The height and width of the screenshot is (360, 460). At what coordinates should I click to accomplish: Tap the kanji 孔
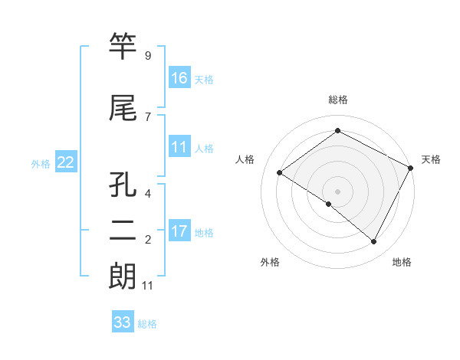point(123,185)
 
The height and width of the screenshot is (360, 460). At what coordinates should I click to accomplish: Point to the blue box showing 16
point(179,79)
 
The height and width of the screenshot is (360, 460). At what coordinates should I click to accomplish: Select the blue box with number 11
point(179,148)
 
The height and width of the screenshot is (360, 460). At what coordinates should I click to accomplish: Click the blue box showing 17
point(179,232)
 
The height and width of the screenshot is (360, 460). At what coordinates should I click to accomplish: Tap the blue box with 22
point(66,162)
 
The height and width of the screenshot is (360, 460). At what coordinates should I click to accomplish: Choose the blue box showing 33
point(123,322)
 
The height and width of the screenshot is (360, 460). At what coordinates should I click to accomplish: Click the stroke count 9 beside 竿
point(147,56)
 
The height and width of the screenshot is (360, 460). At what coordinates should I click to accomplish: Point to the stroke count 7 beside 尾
point(147,117)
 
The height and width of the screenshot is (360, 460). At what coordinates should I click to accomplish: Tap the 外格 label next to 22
point(41,163)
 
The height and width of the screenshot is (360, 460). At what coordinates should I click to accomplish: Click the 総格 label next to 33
point(147,324)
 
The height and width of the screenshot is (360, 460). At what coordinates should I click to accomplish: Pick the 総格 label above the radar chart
point(337,100)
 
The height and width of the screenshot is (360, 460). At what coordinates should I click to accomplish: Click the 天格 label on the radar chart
point(431,159)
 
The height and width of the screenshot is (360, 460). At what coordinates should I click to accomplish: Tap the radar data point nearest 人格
point(280,173)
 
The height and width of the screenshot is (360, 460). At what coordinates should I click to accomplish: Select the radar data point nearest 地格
point(374,242)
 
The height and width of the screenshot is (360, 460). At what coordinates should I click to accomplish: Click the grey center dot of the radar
point(337,191)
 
